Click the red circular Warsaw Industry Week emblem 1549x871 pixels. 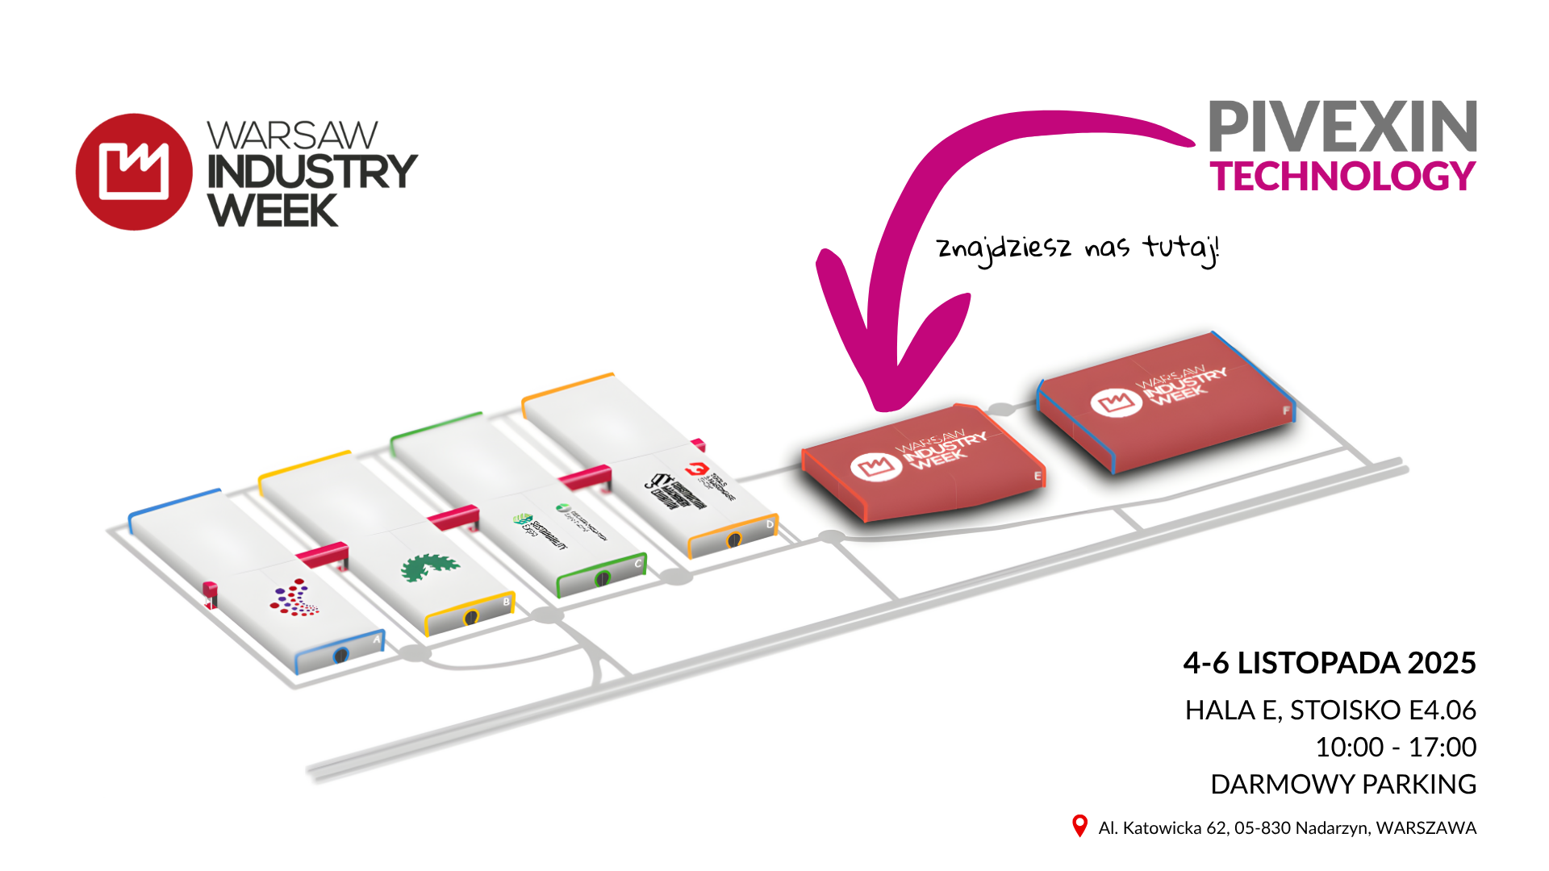click(134, 172)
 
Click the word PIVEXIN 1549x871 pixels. click(1342, 127)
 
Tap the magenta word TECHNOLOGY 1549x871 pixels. click(1342, 177)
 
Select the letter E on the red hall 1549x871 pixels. click(1038, 477)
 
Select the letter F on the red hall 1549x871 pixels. click(1286, 410)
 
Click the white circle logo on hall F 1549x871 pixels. click(1116, 402)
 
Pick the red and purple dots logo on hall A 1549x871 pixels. click(294, 598)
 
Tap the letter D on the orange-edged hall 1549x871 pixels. click(770, 524)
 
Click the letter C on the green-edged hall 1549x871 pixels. click(638, 563)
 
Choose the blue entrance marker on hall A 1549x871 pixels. click(341, 656)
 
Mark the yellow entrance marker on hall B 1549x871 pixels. click(471, 617)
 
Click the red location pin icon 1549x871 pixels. click(1079, 826)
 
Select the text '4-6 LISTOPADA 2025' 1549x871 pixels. click(1329, 663)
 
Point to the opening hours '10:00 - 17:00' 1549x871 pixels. click(1396, 747)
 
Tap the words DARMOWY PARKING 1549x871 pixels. click(1343, 784)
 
